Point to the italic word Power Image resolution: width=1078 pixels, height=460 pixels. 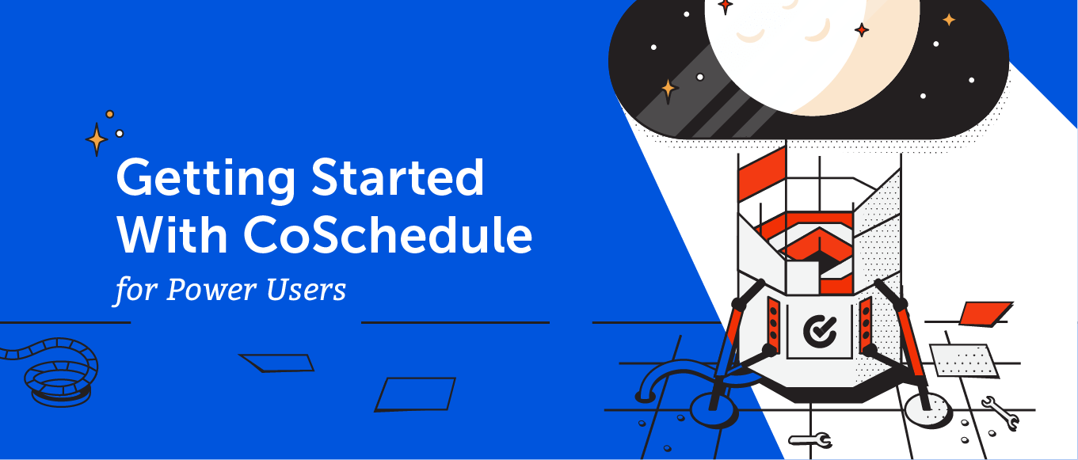211,290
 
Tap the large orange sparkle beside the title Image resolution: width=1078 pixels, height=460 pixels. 97,139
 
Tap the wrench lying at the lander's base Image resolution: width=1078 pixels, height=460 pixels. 809,439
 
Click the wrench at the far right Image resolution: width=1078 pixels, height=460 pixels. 999,412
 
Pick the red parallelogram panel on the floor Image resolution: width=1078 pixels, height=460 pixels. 985,313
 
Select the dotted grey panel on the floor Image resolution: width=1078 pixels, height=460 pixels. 963,360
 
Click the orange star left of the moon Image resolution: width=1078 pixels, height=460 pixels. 669,88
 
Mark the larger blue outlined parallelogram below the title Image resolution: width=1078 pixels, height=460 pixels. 415,394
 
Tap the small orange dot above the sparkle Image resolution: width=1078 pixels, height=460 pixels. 109,114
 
